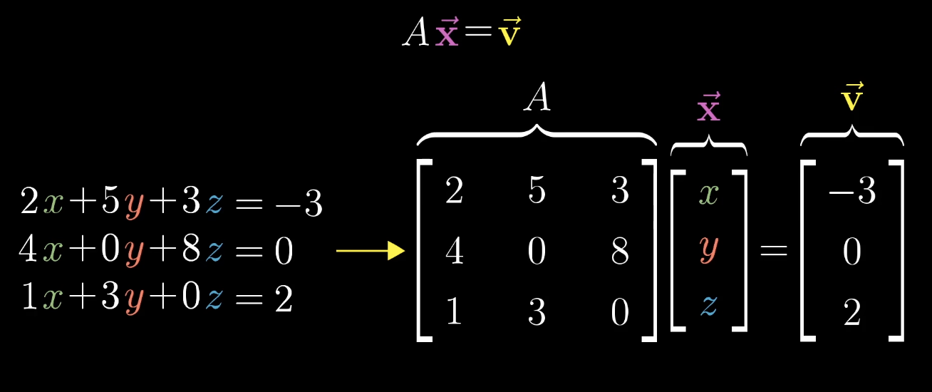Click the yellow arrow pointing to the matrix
371,251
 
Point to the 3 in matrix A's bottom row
537,312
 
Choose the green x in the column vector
708,192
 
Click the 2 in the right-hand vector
852,312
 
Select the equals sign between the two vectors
774,251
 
